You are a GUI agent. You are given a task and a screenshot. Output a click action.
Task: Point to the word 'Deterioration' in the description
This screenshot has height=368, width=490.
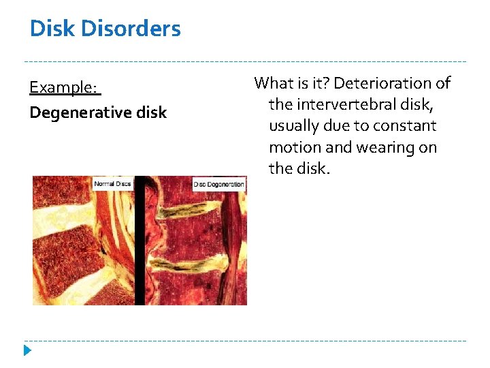click(x=392, y=83)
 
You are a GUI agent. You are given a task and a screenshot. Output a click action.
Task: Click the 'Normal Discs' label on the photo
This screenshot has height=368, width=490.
click(x=113, y=183)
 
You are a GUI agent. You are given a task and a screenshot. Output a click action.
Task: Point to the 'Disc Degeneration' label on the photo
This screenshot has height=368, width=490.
click(x=219, y=184)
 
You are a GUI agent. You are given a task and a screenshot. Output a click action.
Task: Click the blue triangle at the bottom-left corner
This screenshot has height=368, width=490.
click(x=27, y=351)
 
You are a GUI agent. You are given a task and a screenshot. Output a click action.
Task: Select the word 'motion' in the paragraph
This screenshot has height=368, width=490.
click(x=292, y=147)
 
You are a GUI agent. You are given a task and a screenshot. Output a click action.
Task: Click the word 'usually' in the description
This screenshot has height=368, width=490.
click(x=294, y=126)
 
